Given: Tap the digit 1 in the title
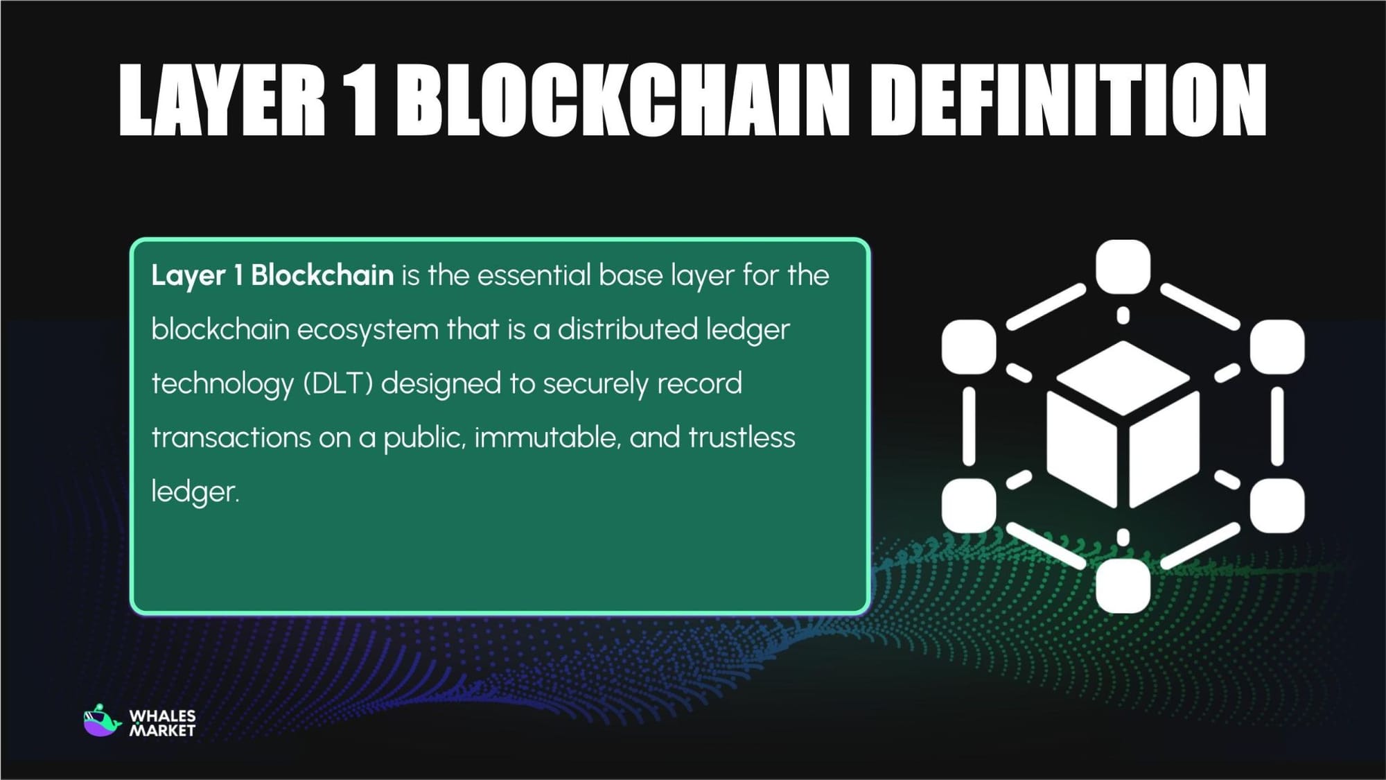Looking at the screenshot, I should click(361, 101).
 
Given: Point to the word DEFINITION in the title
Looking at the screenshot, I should click(1068, 101).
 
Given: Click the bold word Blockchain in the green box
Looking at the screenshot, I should click(322, 275).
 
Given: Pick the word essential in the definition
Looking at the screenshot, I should click(534, 275).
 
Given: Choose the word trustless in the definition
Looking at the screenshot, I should click(742, 437).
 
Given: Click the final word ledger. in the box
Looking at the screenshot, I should click(195, 492).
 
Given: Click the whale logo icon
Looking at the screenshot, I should click(101, 721).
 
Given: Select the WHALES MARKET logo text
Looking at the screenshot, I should click(163, 722).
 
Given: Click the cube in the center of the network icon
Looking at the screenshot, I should click(1123, 424).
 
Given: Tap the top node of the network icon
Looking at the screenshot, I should click(1123, 266).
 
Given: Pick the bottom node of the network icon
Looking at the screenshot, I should click(1123, 587).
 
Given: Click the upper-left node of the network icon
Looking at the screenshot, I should click(969, 347).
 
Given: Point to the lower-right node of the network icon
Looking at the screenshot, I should click(1277, 505).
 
